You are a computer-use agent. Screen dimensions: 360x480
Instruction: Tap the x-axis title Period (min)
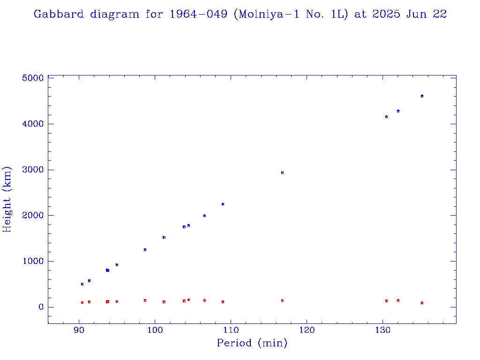pyautogui.click(x=252, y=344)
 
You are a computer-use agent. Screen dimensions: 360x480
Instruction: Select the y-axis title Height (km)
pyautogui.click(x=7, y=199)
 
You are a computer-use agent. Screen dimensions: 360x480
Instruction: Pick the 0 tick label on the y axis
pyautogui.click(x=41, y=307)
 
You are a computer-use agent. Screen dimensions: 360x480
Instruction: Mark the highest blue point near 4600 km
pyautogui.click(x=422, y=96)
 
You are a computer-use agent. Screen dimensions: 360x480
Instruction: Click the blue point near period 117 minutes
pyautogui.click(x=282, y=172)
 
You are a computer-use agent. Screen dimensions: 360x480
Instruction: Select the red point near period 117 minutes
pyautogui.click(x=282, y=300)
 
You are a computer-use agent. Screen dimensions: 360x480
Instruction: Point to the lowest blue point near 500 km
pyautogui.click(x=82, y=284)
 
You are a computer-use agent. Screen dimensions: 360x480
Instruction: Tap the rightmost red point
pyautogui.click(x=422, y=303)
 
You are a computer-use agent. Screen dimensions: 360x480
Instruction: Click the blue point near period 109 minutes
pyautogui.click(x=223, y=204)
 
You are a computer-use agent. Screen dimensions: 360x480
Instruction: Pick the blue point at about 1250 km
pyautogui.click(x=145, y=250)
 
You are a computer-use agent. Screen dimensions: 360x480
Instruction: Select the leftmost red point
pyautogui.click(x=82, y=302)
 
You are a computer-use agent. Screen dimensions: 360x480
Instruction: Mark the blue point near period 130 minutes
pyautogui.click(x=386, y=117)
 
